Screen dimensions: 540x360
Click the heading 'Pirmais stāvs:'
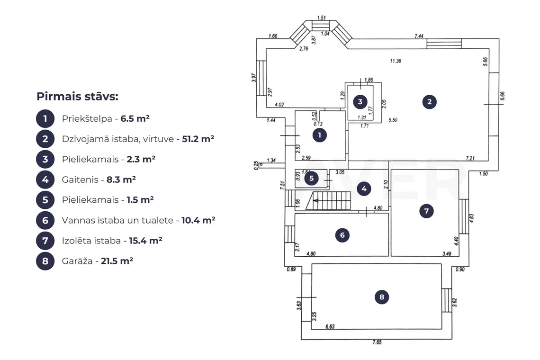point(78,97)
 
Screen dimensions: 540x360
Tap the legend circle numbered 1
point(45,119)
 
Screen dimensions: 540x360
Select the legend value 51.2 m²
point(198,139)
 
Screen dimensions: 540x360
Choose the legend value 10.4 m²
point(198,220)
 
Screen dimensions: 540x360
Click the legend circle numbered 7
point(45,241)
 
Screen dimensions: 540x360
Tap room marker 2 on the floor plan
point(430,102)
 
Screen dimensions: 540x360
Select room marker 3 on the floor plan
point(360,102)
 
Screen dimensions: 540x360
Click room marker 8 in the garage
point(382,297)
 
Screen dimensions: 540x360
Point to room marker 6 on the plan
point(342,235)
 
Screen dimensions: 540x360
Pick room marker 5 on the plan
point(311,178)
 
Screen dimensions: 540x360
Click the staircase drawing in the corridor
point(328,201)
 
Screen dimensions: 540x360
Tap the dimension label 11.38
point(396,61)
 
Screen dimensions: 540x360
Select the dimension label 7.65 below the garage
point(377,342)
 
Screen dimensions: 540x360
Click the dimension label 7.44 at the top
point(419,36)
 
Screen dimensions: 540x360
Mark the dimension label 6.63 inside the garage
point(330,326)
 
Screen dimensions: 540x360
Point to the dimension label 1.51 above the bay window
point(321,18)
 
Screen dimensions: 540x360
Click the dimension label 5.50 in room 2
point(393,120)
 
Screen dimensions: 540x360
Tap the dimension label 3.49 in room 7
point(447,254)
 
